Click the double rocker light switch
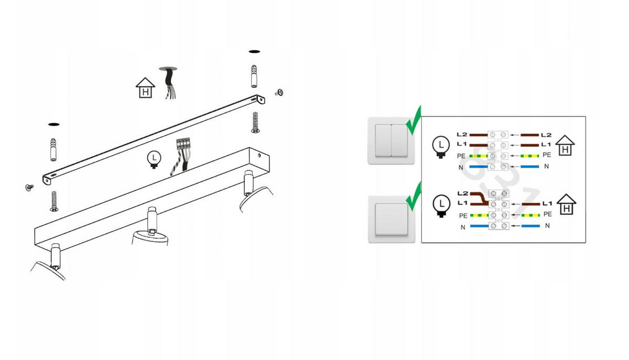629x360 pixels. tap(391, 140)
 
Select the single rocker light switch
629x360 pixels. tap(392, 220)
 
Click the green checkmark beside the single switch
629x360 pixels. tap(414, 197)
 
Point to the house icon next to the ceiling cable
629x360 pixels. tap(145, 88)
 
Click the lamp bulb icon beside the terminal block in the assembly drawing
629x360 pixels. tap(154, 159)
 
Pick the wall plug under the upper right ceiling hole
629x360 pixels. tap(254, 77)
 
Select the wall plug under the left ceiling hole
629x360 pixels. tap(53, 150)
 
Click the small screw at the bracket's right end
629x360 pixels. tap(279, 93)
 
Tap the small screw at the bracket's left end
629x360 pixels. tap(29, 187)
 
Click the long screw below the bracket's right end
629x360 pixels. tap(255, 123)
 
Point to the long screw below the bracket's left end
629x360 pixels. tap(54, 201)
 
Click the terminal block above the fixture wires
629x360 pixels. tap(183, 144)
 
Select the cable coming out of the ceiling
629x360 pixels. tap(170, 83)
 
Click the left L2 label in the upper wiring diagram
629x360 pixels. tap(462, 135)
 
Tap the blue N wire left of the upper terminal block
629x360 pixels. tap(479, 167)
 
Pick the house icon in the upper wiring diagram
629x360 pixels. tap(565, 145)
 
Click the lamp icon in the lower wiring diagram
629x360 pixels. tap(441, 206)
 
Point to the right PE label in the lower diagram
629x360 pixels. tap(548, 214)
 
